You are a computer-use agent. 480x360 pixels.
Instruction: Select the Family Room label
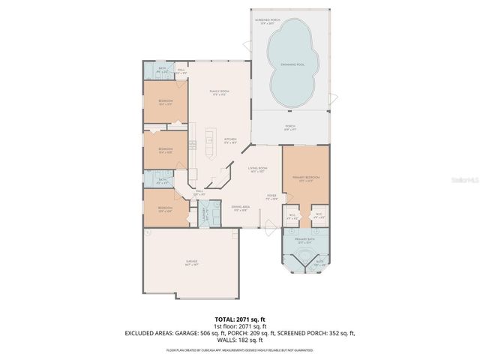pos(218,93)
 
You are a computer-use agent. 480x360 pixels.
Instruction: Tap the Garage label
pos(192,262)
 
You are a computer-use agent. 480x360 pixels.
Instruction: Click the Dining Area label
pos(240,208)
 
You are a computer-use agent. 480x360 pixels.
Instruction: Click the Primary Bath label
pos(304,240)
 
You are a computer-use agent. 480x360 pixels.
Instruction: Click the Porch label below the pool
pos(289,127)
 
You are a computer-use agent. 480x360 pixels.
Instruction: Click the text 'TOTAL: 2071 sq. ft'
pos(239,319)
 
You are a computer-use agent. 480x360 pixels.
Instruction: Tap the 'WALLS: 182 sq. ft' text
pos(239,340)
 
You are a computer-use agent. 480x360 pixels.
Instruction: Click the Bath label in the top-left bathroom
pos(163,70)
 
